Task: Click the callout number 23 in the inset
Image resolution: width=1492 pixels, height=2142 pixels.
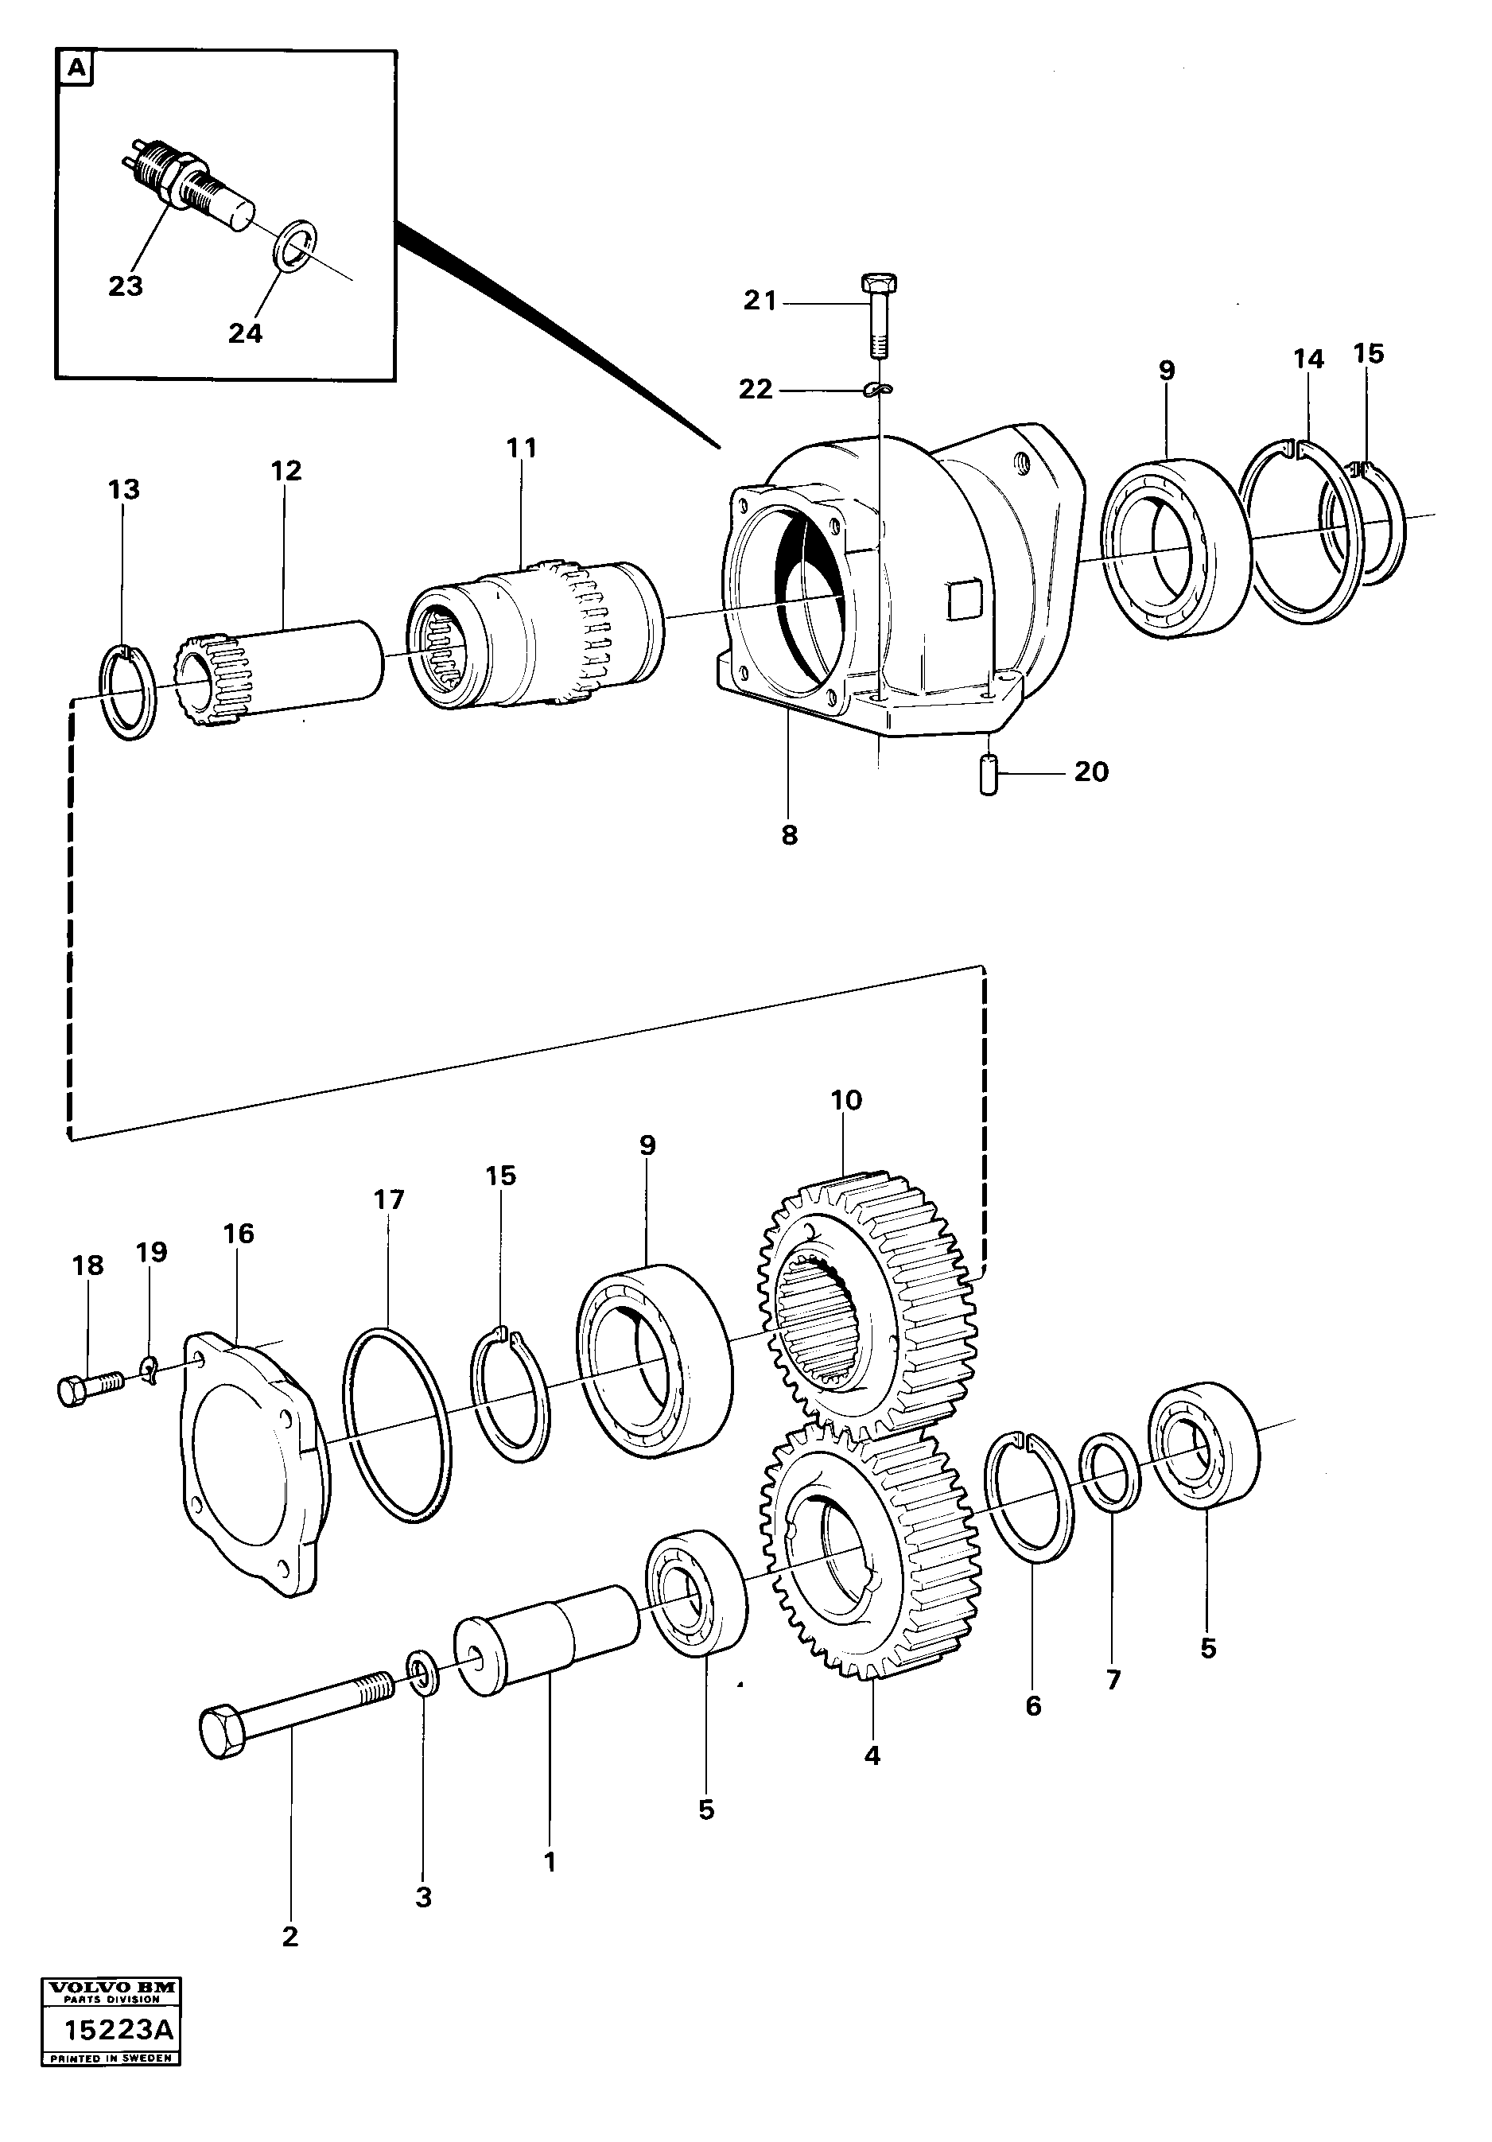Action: pos(125,286)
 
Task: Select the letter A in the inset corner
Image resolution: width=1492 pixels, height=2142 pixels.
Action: pos(76,69)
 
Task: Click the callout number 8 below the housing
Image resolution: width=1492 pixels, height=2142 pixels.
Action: pos(790,835)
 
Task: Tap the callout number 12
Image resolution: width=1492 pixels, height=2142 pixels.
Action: pos(286,471)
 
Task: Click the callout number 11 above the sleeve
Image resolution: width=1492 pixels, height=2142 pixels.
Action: pos(522,449)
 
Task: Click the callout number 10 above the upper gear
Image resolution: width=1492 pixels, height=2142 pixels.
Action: pos(846,1100)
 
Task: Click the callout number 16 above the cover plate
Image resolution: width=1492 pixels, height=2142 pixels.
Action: pos(238,1234)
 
